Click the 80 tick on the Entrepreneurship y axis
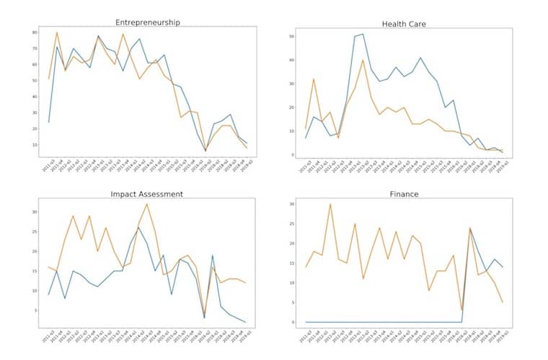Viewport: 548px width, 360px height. point(34,32)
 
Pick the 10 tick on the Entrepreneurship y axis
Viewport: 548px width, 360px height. point(34,144)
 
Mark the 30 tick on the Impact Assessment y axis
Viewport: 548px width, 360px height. point(34,211)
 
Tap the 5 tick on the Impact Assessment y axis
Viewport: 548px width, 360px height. point(35,310)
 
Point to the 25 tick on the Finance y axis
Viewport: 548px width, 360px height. point(293,224)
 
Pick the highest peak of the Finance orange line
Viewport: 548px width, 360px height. point(330,204)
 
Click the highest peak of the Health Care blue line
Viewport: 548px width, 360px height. point(363,34)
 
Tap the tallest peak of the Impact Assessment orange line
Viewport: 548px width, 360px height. point(147,204)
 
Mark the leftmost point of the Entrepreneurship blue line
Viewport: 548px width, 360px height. point(49,121)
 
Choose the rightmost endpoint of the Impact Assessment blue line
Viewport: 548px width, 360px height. point(246,322)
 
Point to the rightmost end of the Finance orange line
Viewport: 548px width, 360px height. point(502,302)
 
